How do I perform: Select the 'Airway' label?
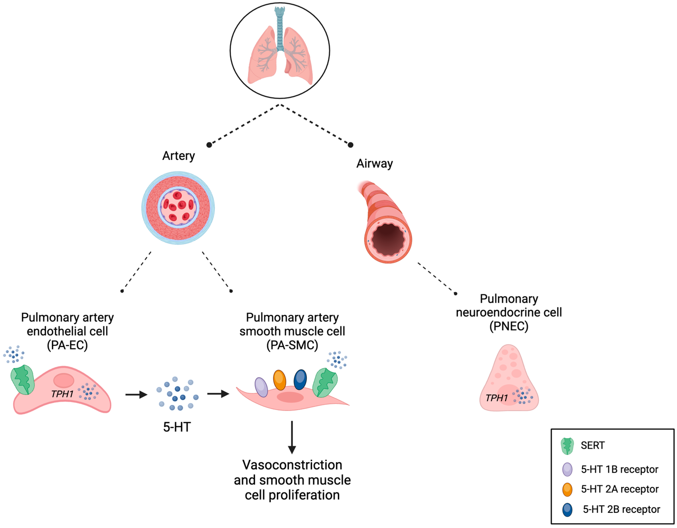click(x=375, y=163)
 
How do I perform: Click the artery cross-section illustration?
click(x=178, y=208)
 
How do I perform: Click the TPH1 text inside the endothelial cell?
click(x=62, y=394)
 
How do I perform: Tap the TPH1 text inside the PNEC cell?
click(x=497, y=398)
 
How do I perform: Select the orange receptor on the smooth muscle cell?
click(x=280, y=380)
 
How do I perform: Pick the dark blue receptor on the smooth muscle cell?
click(x=300, y=380)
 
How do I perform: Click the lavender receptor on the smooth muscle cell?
click(x=261, y=387)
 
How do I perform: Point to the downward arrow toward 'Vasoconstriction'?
click(x=292, y=437)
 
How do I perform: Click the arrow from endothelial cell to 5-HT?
click(x=136, y=395)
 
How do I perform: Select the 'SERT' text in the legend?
click(x=593, y=445)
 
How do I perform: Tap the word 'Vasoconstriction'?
click(x=292, y=465)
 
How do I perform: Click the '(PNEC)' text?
click(x=509, y=326)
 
